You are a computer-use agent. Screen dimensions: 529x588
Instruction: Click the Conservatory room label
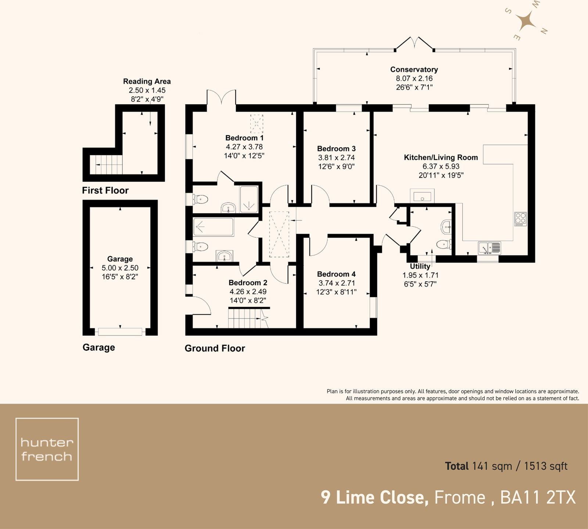[414, 69]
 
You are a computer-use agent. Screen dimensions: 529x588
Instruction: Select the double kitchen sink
[489, 248]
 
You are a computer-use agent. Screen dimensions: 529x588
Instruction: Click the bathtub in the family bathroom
[213, 227]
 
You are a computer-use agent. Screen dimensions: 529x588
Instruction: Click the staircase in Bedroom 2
[245, 318]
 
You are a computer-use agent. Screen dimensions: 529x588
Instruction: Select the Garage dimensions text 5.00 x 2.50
[120, 268]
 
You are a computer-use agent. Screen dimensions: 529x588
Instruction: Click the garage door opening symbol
[120, 331]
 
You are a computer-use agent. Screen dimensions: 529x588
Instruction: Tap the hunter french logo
[47, 449]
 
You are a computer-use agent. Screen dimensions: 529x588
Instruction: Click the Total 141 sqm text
[506, 466]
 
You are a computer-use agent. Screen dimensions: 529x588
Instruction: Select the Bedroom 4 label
[336, 274]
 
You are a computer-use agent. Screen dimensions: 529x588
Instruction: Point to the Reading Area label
[147, 81]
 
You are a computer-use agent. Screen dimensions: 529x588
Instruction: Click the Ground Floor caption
[215, 348]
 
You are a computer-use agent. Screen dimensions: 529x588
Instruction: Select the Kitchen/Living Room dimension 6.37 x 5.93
[441, 166]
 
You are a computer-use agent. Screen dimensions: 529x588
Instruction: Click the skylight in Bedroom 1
[257, 124]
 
